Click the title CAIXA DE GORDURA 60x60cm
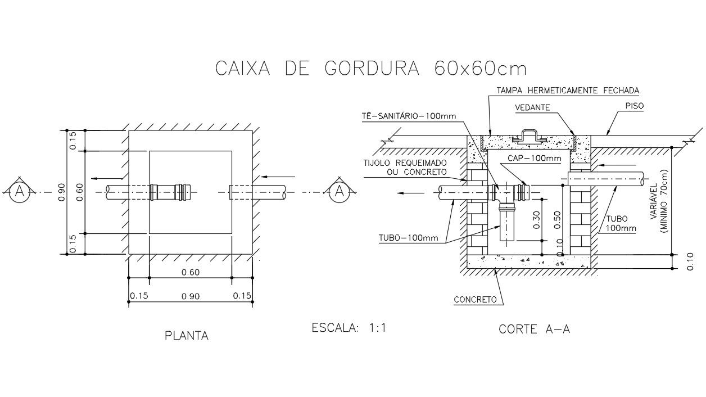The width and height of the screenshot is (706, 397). tap(371, 68)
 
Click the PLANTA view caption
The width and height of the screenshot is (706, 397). tap(187, 336)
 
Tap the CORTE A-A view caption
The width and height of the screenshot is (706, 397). tap(534, 330)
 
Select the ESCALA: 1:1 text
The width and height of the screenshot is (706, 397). tap(349, 327)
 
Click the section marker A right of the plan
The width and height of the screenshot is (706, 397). tap(339, 192)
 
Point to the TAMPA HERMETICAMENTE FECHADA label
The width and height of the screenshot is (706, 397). tap(568, 90)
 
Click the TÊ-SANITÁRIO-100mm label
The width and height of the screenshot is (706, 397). tap(409, 116)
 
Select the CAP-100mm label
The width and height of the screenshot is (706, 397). tap(535, 159)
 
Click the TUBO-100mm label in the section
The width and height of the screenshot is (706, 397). tap(408, 238)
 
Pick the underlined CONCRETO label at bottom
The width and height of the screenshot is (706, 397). tap(476, 300)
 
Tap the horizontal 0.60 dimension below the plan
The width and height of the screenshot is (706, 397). tap(191, 273)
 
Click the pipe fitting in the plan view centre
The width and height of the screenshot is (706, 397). tap(170, 192)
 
